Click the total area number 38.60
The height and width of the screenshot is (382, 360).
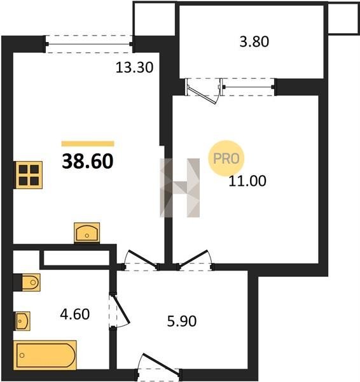click(x=88, y=161)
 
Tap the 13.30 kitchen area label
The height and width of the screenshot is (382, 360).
click(x=134, y=67)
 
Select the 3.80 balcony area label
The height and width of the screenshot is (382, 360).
click(x=254, y=41)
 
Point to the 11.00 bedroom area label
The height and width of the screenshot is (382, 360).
click(x=247, y=181)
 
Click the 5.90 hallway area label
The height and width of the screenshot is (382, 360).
click(x=182, y=321)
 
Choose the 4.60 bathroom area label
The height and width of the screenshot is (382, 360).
click(x=75, y=315)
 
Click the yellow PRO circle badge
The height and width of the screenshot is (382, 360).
click(x=226, y=159)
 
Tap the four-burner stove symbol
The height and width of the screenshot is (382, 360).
click(x=29, y=175)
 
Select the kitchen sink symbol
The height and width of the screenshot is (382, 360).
click(x=87, y=232)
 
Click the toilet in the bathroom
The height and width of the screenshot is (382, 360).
click(x=31, y=282)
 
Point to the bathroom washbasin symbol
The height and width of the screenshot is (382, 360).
click(x=23, y=321)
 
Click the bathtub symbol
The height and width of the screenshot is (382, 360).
click(x=45, y=355)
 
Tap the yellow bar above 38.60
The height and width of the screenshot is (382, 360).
click(x=88, y=144)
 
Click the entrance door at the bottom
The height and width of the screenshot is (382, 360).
click(x=159, y=365)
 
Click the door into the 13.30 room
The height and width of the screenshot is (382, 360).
click(x=141, y=260)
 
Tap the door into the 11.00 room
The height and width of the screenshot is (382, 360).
click(x=195, y=260)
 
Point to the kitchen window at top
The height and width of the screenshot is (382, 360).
click(x=89, y=44)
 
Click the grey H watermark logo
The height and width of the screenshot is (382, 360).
click(x=180, y=188)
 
